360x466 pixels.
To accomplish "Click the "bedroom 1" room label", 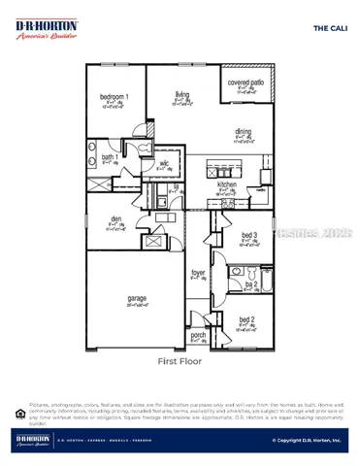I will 115,97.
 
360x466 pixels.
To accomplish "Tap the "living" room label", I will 181,94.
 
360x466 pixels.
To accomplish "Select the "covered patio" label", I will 245,84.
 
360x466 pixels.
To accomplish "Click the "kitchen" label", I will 227,184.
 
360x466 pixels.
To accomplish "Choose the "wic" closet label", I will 165,164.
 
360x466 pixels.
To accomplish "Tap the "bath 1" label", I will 110,156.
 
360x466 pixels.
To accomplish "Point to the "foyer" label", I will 198,273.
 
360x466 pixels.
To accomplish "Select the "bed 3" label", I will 248,235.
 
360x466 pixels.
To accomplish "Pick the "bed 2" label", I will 246,319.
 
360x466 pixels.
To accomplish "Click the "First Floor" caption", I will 180,360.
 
